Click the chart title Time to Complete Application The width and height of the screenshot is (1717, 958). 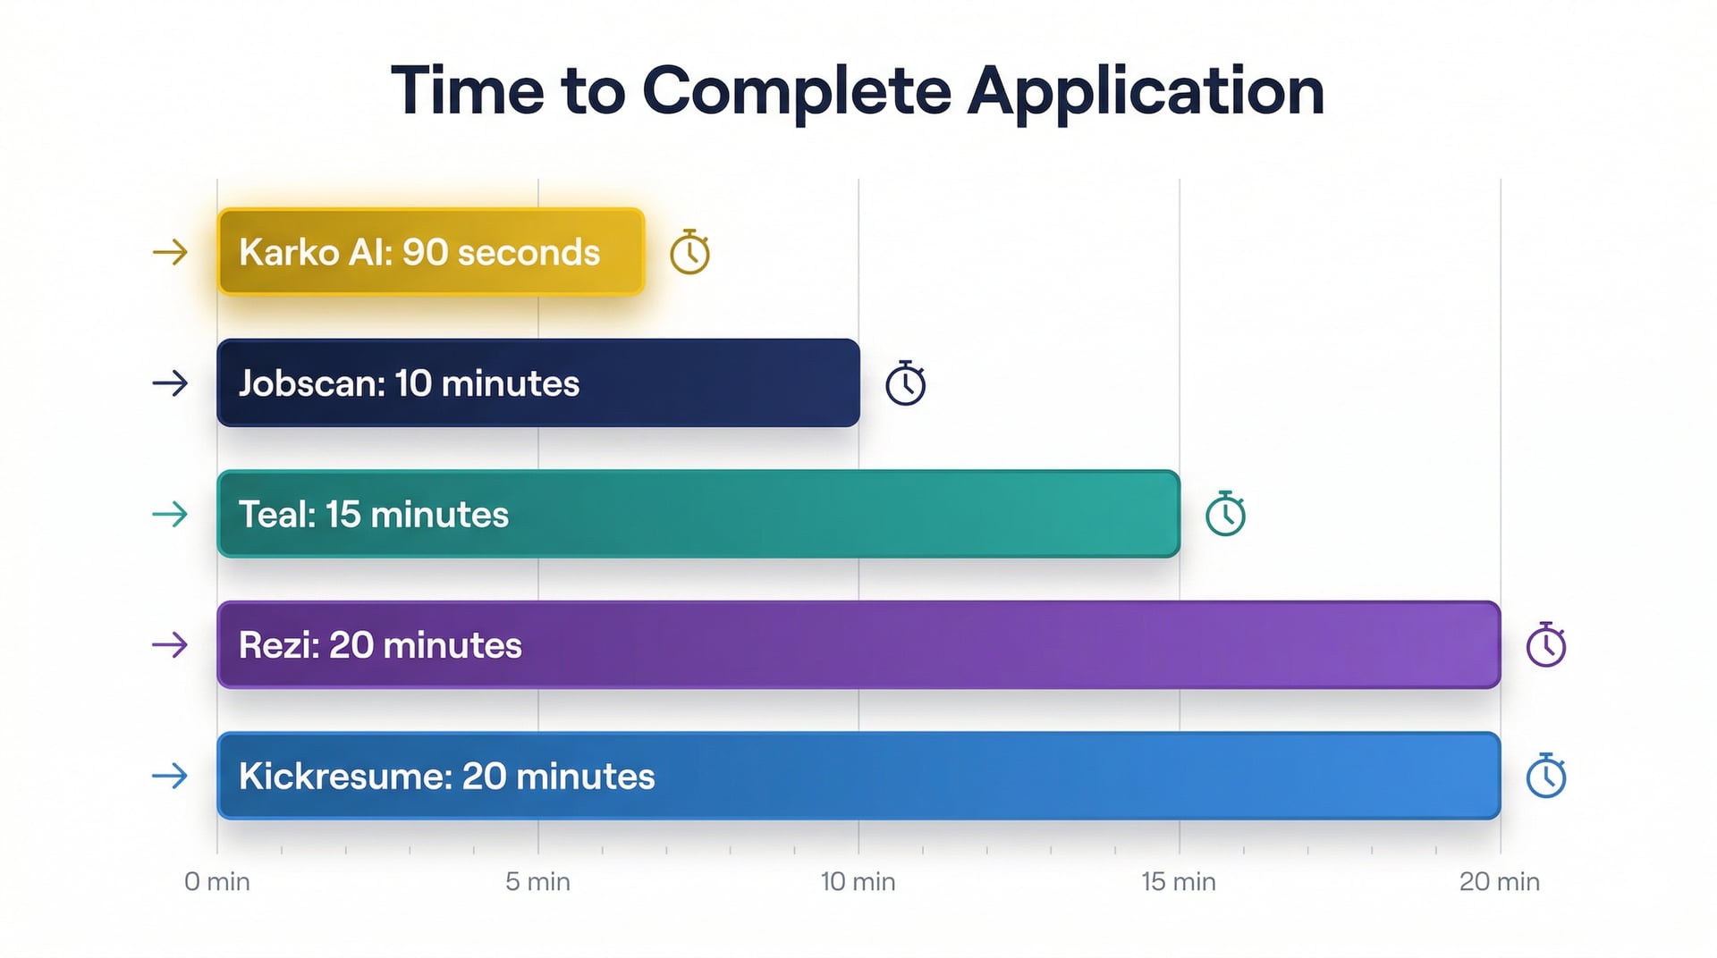pos(857,91)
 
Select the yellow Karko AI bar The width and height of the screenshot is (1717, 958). pos(430,252)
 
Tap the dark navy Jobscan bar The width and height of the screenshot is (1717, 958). pos(537,382)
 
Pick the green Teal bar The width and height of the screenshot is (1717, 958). pos(698,514)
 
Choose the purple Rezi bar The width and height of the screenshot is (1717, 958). pos(858,644)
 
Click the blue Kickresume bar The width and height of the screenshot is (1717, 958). pos(858,776)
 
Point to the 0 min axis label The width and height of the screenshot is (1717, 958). pos(217,882)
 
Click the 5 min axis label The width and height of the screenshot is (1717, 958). pos(537,882)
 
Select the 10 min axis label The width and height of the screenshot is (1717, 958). pos(858,882)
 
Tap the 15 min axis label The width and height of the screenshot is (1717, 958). pos(1179,882)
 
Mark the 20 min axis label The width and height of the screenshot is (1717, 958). pos(1500,882)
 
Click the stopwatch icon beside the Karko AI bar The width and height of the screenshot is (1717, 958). pos(689,253)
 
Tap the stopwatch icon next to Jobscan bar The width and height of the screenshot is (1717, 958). pos(905,384)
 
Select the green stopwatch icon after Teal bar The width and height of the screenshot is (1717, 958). pos(1225,515)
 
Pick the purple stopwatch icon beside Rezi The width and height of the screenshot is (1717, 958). pos(1545,645)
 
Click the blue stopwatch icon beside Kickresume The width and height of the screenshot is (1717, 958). pos(1545,777)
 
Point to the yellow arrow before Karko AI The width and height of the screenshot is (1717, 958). pos(170,252)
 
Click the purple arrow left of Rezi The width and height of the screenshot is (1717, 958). pos(170,644)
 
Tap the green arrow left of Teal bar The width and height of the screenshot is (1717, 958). pos(170,514)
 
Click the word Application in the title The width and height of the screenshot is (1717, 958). pos(1146,91)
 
